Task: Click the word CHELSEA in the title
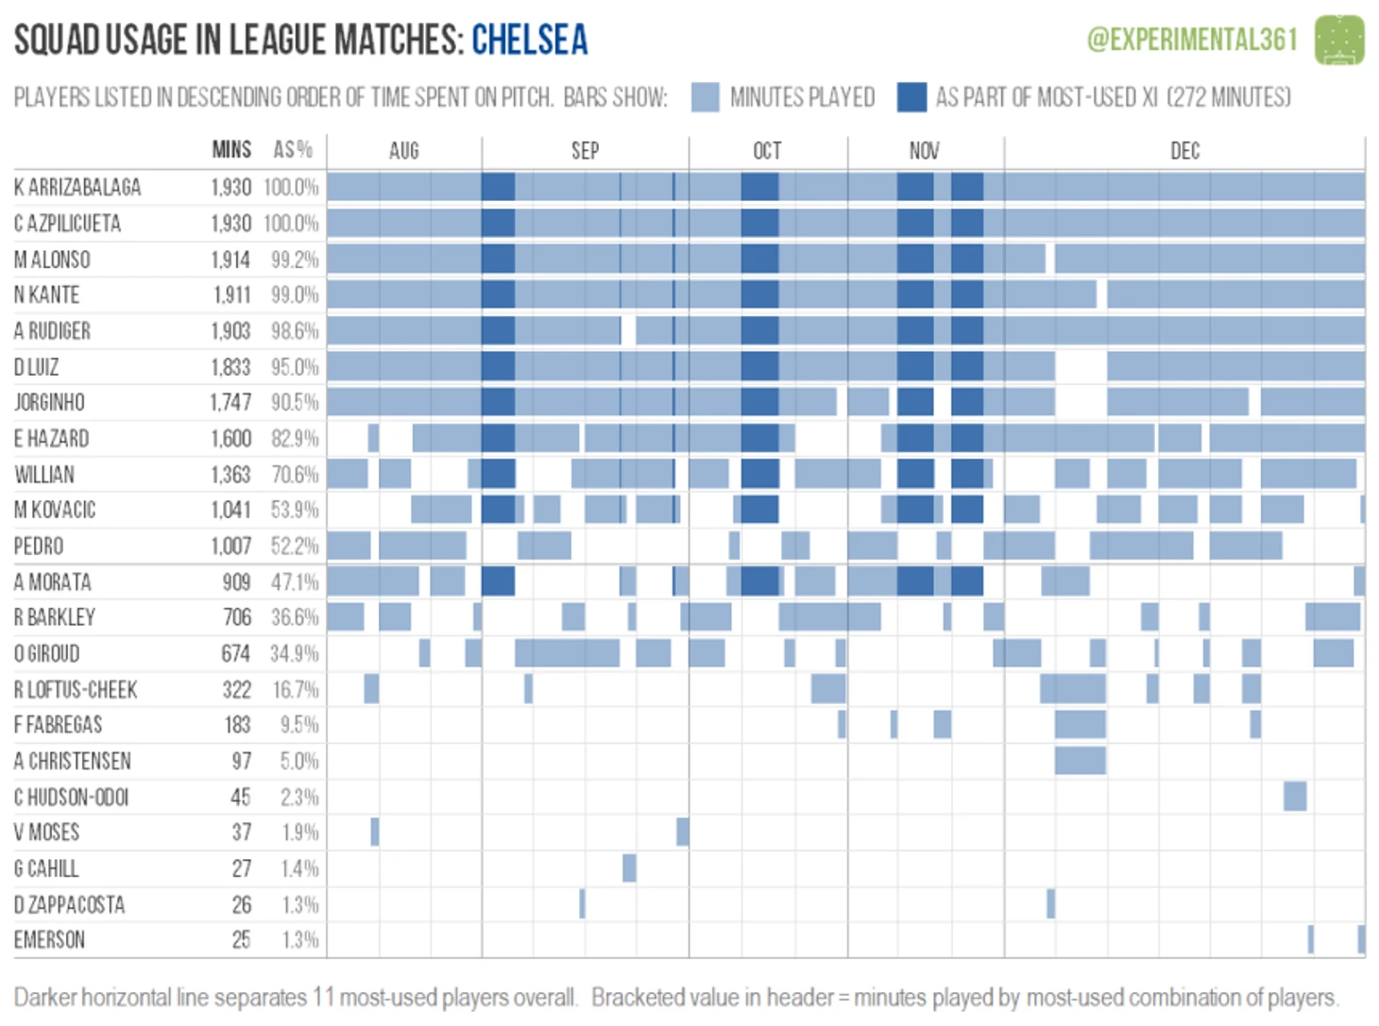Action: tap(529, 40)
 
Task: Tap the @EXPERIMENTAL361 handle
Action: tap(1192, 40)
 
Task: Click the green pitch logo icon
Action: tap(1339, 40)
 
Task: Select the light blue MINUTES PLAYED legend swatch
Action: tap(705, 97)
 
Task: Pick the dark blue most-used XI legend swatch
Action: tap(911, 97)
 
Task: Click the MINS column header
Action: tap(231, 150)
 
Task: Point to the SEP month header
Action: tap(585, 151)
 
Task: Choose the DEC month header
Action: tap(1184, 151)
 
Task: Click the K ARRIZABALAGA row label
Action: tap(77, 188)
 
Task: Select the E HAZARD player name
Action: tap(51, 439)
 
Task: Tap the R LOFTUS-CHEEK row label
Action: tap(76, 690)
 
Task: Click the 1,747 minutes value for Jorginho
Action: tap(230, 403)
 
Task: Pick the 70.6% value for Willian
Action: tap(295, 475)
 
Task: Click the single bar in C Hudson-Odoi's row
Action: tap(1295, 797)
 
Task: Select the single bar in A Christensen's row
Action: tap(1080, 761)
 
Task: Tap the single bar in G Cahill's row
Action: tap(629, 868)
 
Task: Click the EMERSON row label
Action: tap(49, 940)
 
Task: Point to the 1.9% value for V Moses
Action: tap(299, 833)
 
